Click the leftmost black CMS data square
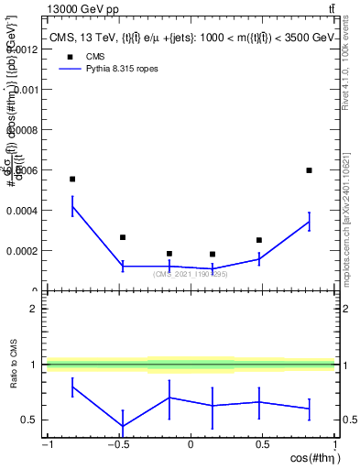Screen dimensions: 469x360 (x=72, y=180)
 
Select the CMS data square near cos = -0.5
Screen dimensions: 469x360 (x=123, y=237)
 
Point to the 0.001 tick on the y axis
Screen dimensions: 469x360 (x=27, y=90)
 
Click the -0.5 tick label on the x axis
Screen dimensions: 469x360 (x=117, y=444)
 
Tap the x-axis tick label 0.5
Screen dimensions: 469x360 (x=263, y=444)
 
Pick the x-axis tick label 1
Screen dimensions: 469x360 (x=333, y=444)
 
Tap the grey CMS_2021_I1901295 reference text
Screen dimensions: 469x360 (x=191, y=274)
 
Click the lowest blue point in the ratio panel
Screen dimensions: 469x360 (x=123, y=426)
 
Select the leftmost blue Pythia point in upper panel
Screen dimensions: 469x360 (x=72, y=206)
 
